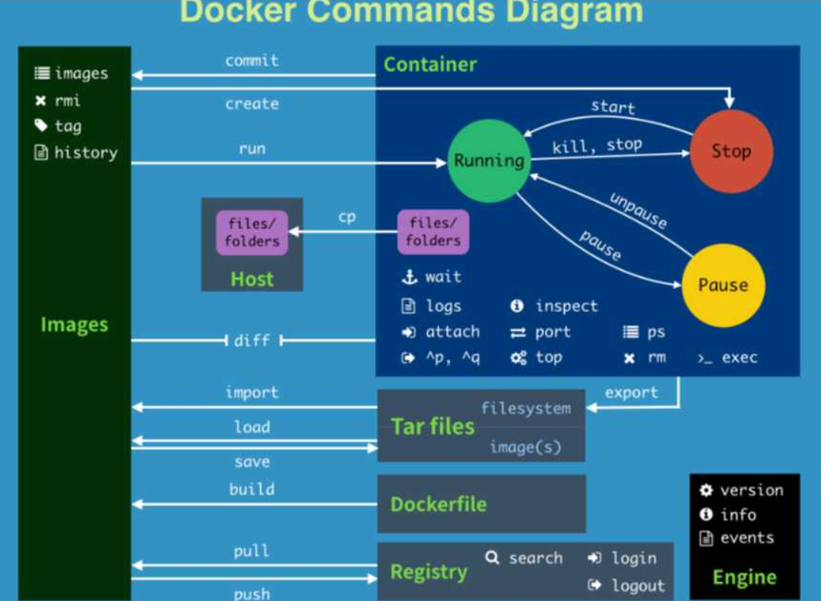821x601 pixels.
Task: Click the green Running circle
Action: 488,161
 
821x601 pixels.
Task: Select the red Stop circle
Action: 731,151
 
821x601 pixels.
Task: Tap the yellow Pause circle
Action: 723,285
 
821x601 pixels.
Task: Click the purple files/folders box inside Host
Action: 252,232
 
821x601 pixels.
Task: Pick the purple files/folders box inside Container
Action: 433,232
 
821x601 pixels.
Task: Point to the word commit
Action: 252,61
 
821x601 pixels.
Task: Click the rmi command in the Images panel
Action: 67,100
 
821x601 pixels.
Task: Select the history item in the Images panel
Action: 85,152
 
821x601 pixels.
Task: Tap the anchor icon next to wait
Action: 410,277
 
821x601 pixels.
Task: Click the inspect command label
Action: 566,306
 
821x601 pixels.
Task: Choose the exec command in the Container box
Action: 739,358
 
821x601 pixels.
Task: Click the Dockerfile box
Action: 481,504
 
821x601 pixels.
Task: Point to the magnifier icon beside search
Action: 493,558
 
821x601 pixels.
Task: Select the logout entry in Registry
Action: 638,586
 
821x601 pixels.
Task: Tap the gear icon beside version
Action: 706,491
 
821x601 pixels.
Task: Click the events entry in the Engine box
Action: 747,538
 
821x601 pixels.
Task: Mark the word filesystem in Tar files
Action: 525,409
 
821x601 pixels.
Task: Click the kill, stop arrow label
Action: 597,145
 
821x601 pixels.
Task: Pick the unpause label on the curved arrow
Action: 638,210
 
